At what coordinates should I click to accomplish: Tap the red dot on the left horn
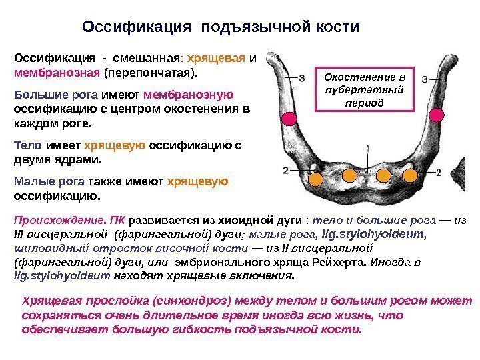(x=289, y=119)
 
